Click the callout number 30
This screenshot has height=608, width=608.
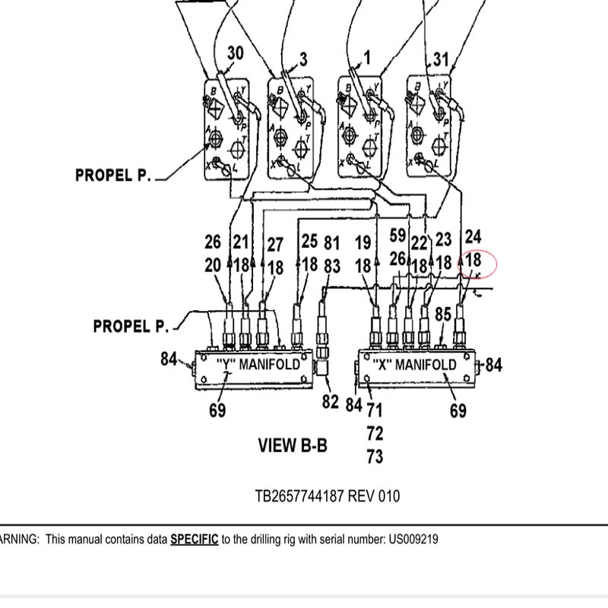pyautogui.click(x=236, y=53)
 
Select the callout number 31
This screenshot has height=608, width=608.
pyautogui.click(x=442, y=59)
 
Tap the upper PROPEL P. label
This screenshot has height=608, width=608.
pyautogui.click(x=113, y=176)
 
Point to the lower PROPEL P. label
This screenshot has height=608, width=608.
pyautogui.click(x=131, y=326)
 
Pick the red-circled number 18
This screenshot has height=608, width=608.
pyautogui.click(x=473, y=261)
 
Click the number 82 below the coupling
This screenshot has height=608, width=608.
pyautogui.click(x=330, y=402)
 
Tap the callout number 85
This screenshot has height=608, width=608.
pyautogui.click(x=443, y=313)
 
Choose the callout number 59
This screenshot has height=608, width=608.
pyautogui.click(x=398, y=234)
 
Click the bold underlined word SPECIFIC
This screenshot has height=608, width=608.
pyautogui.click(x=194, y=540)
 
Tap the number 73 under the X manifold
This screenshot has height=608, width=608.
pyautogui.click(x=374, y=457)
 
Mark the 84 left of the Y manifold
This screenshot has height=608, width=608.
pyautogui.click(x=169, y=358)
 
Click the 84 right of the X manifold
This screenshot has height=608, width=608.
pyautogui.click(x=493, y=366)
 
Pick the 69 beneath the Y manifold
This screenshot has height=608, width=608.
pyautogui.click(x=218, y=411)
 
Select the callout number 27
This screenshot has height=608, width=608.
pyautogui.click(x=274, y=245)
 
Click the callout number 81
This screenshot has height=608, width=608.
pyautogui.click(x=331, y=243)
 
